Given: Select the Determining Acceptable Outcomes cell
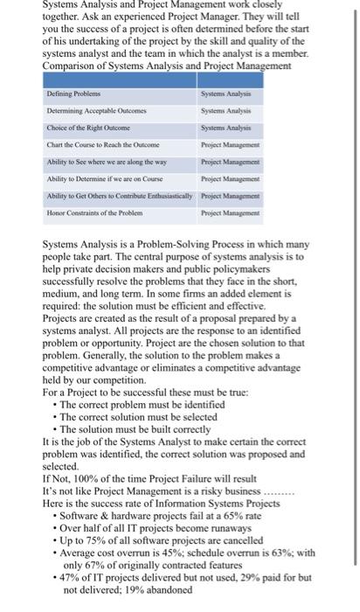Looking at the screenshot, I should (87, 108).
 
